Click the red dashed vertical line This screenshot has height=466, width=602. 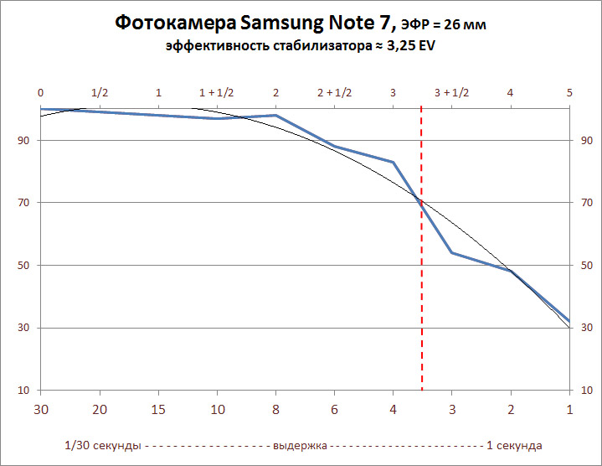[x=421, y=251]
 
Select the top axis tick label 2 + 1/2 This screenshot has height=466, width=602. [x=334, y=92]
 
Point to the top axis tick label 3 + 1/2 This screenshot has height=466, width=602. [x=451, y=92]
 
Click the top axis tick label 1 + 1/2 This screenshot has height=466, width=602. [x=217, y=92]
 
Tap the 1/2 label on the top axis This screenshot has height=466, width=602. [x=100, y=92]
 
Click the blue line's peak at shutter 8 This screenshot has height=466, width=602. [x=275, y=115]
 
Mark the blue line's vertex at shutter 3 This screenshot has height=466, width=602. [x=451, y=252]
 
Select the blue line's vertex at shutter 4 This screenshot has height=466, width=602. [x=393, y=162]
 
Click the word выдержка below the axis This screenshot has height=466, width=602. [x=300, y=445]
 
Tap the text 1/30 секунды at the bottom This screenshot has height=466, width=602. [x=101, y=445]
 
